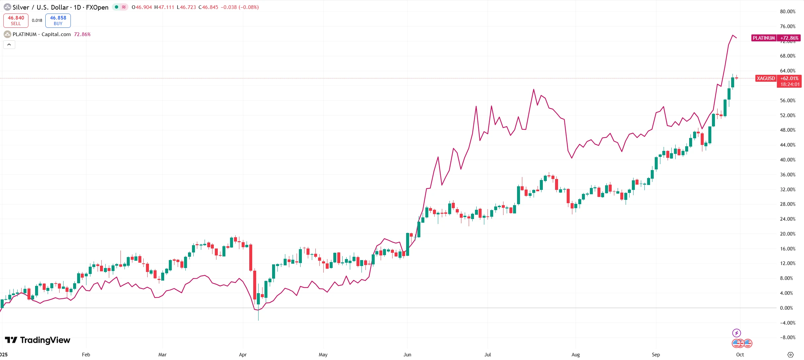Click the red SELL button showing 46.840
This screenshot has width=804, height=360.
16,21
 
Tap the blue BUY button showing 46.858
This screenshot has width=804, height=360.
58,21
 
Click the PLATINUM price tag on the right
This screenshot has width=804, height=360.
764,38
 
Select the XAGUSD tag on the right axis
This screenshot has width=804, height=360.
766,78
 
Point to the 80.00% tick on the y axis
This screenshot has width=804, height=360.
787,12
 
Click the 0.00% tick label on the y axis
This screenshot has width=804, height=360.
786,308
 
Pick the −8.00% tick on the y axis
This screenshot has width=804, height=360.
787,337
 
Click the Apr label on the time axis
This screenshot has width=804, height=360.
243,355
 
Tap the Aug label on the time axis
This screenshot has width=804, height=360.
576,355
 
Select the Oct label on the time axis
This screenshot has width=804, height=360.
740,355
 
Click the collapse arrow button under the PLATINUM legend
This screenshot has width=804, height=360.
9,45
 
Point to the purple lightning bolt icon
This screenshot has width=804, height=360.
736,333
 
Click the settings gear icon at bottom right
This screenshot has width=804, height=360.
790,355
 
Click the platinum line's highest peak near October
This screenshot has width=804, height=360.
733,35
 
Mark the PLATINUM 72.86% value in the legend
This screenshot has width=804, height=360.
82,34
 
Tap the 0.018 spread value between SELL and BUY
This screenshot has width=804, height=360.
37,21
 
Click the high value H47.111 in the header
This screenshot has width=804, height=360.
164,7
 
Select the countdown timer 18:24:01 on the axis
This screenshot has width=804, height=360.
790,84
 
